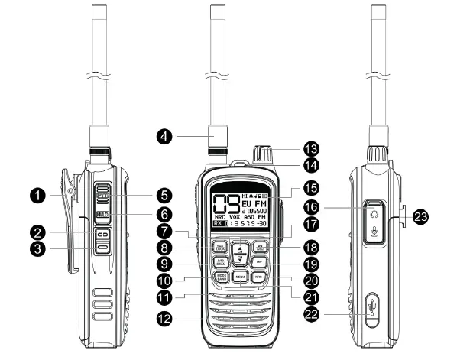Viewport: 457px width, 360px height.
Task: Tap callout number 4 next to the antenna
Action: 162,138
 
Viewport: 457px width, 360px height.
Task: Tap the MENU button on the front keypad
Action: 240,275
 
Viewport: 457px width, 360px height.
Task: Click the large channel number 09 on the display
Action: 224,205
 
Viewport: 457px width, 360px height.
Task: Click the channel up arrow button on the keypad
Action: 240,248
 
